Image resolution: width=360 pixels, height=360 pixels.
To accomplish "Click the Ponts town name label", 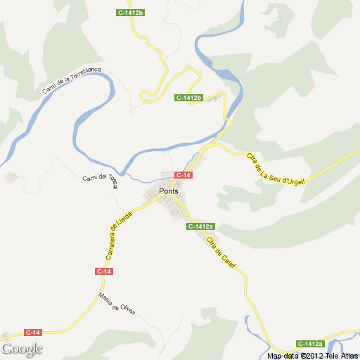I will (x=169, y=191).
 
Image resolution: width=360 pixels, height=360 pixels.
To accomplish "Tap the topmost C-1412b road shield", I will (x=130, y=13).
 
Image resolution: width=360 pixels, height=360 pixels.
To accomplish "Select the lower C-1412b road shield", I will (x=189, y=98).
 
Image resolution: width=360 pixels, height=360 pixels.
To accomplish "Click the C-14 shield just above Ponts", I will (x=183, y=174).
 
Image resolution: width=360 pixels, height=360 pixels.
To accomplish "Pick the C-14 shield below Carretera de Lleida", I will (x=103, y=271).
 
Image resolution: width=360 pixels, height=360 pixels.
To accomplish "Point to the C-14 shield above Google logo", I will (x=33, y=332).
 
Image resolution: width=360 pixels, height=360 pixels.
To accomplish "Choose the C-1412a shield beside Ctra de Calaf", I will (x=200, y=226).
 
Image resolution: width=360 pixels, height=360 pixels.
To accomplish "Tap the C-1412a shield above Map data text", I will (x=309, y=344).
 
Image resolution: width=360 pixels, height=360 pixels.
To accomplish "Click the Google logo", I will (x=22, y=349).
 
